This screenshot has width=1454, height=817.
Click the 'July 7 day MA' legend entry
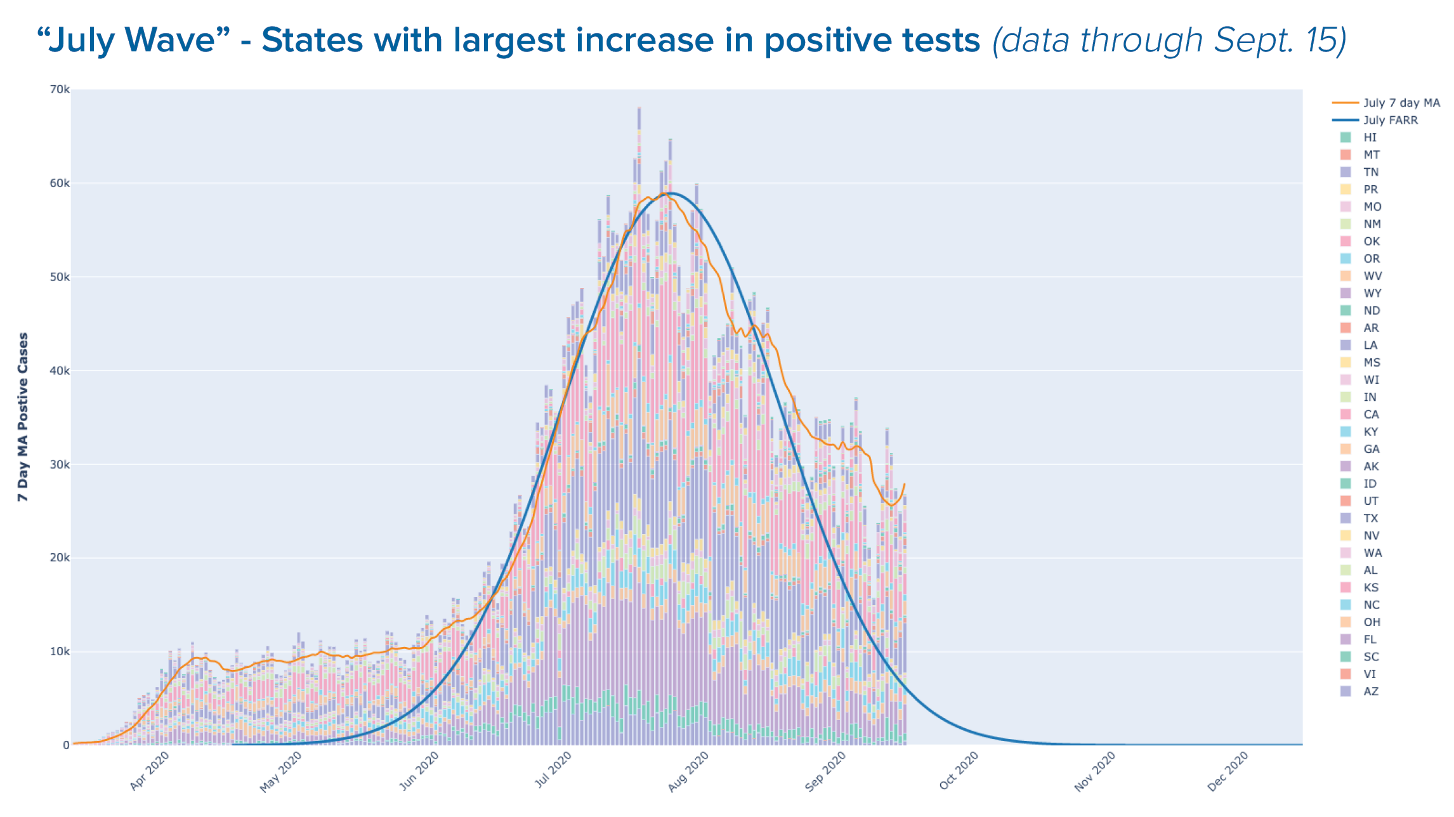click(x=1386, y=103)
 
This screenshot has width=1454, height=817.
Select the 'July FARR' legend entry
click(x=1375, y=120)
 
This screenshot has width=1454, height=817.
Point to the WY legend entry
click(x=1360, y=293)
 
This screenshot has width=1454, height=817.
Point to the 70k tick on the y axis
click(x=60, y=89)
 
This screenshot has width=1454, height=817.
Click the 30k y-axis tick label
click(x=60, y=464)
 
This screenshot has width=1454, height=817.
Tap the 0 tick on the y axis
click(x=66, y=745)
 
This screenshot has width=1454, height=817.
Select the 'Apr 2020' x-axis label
click(x=150, y=771)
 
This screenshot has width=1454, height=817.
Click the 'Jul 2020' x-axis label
click(x=553, y=770)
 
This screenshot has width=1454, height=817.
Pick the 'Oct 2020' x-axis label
click(x=959, y=771)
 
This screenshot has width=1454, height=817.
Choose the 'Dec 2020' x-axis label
click(x=1228, y=771)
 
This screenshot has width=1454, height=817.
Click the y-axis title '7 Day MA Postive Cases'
click(x=23, y=417)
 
